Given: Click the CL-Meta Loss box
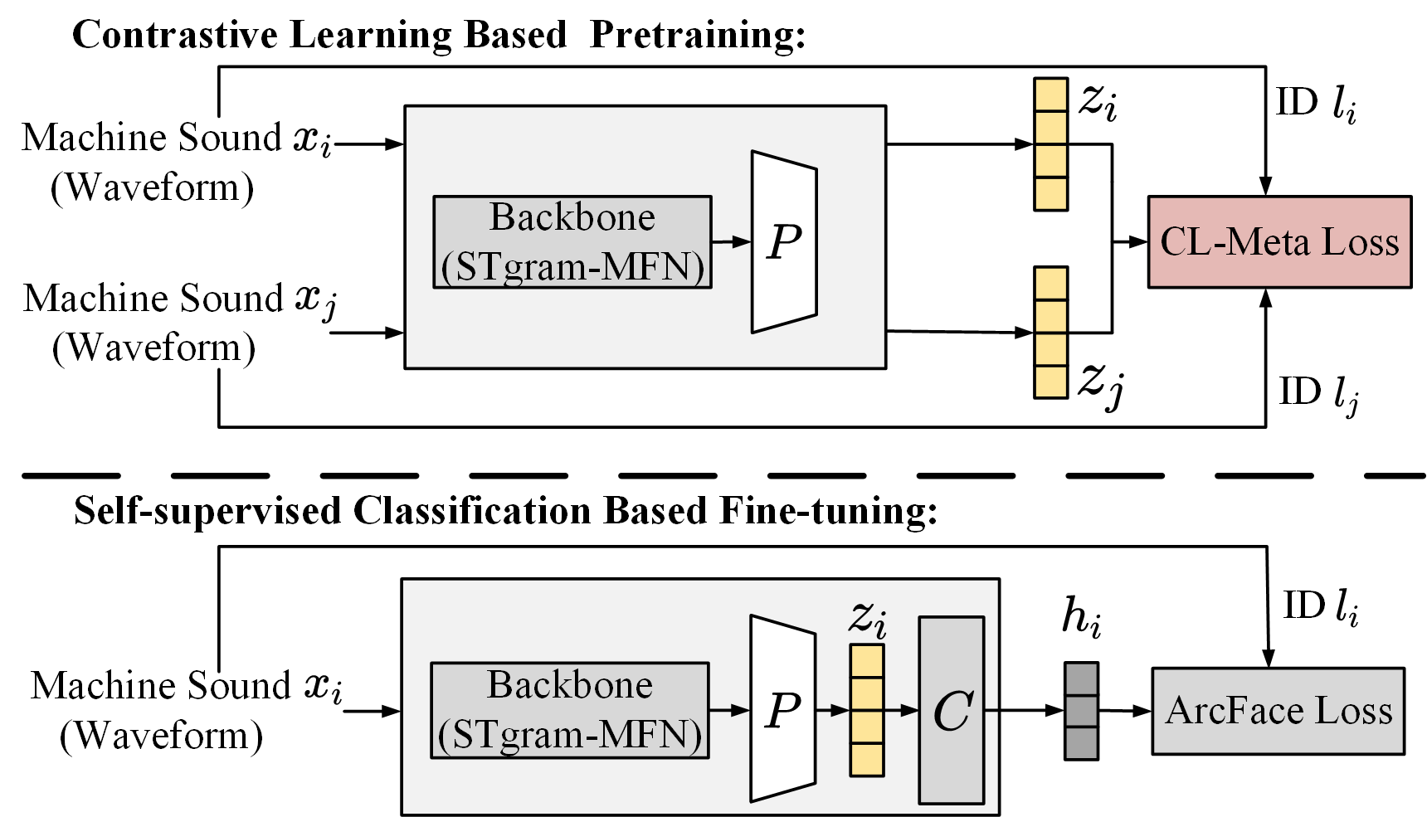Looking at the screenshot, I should tap(1278, 242).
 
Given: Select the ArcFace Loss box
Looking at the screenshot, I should tap(1278, 711).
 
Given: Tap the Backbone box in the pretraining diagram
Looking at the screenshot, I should tap(572, 242).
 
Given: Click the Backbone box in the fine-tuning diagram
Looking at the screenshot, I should tap(569, 710).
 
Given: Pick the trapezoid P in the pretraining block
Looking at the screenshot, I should tap(784, 242).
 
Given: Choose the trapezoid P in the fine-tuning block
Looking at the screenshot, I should tap(782, 710).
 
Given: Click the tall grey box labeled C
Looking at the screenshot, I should tap(951, 710).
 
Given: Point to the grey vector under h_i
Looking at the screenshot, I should tap(1081, 711).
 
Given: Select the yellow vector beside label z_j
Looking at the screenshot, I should tap(1050, 333).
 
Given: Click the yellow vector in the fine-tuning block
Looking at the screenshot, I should tap(867, 711).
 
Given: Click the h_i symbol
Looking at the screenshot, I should tap(1081, 618).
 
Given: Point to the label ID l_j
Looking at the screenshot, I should tap(1317, 393).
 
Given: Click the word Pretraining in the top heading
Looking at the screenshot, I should tap(697, 35).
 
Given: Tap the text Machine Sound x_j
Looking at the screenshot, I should tap(179, 299).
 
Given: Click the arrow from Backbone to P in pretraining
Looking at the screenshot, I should tap(731, 242).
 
